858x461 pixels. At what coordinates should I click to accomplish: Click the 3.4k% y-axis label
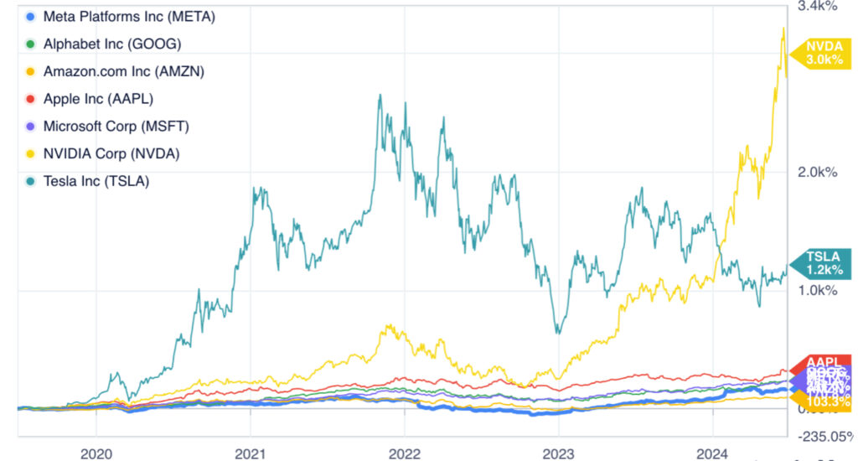tap(818, 8)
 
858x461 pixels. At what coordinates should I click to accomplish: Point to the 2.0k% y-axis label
tap(818, 172)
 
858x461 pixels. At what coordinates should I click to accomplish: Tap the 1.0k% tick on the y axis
tap(818, 290)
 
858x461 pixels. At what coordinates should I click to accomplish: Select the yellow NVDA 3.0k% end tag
tap(824, 53)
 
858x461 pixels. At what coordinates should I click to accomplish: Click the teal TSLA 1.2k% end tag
tap(824, 264)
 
